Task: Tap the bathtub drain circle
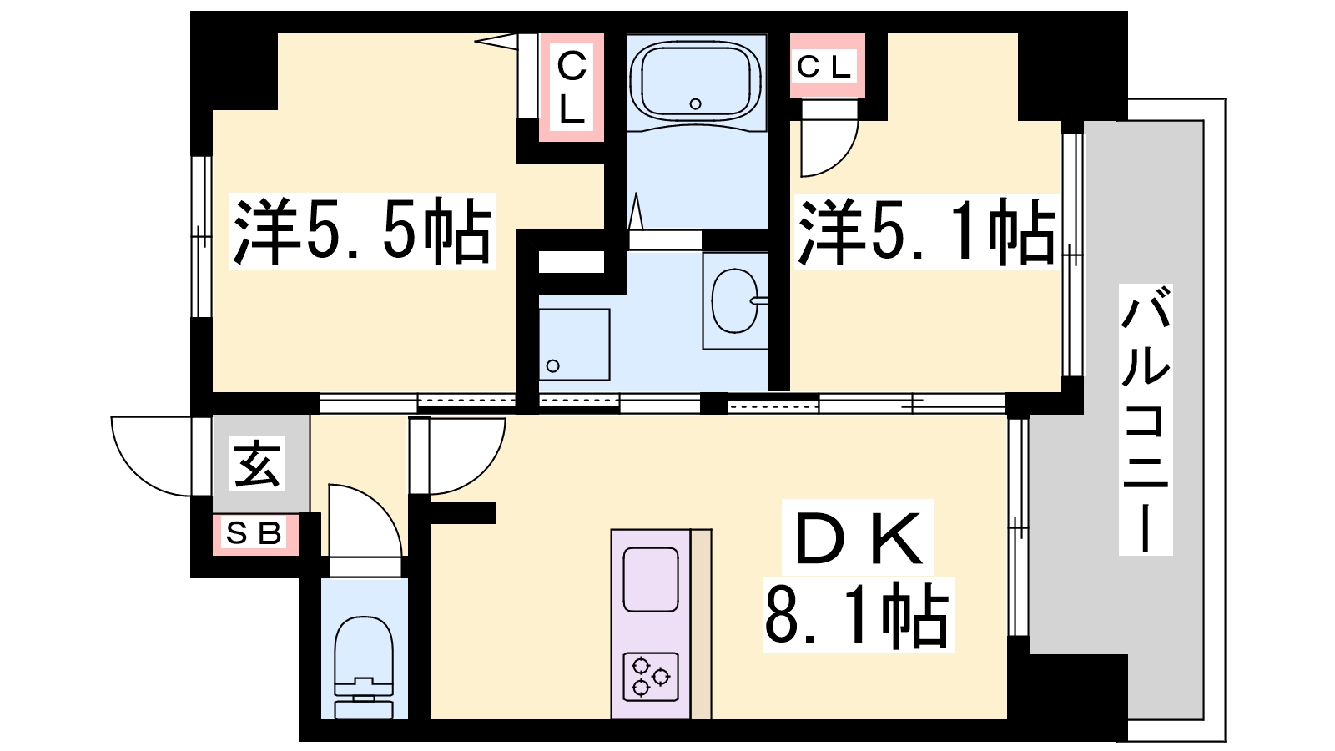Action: (x=695, y=103)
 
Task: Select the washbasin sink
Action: (x=735, y=300)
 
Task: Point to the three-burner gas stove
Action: (x=650, y=676)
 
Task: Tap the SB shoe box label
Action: (x=254, y=532)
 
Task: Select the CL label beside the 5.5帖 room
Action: (x=572, y=87)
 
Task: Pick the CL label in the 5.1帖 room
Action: (x=824, y=67)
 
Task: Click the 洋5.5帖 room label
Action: (x=362, y=231)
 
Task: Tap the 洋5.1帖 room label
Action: (x=926, y=231)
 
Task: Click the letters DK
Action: (x=859, y=538)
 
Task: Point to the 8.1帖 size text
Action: (x=858, y=617)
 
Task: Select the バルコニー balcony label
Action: (x=1146, y=420)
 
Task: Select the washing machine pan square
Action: (x=574, y=345)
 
